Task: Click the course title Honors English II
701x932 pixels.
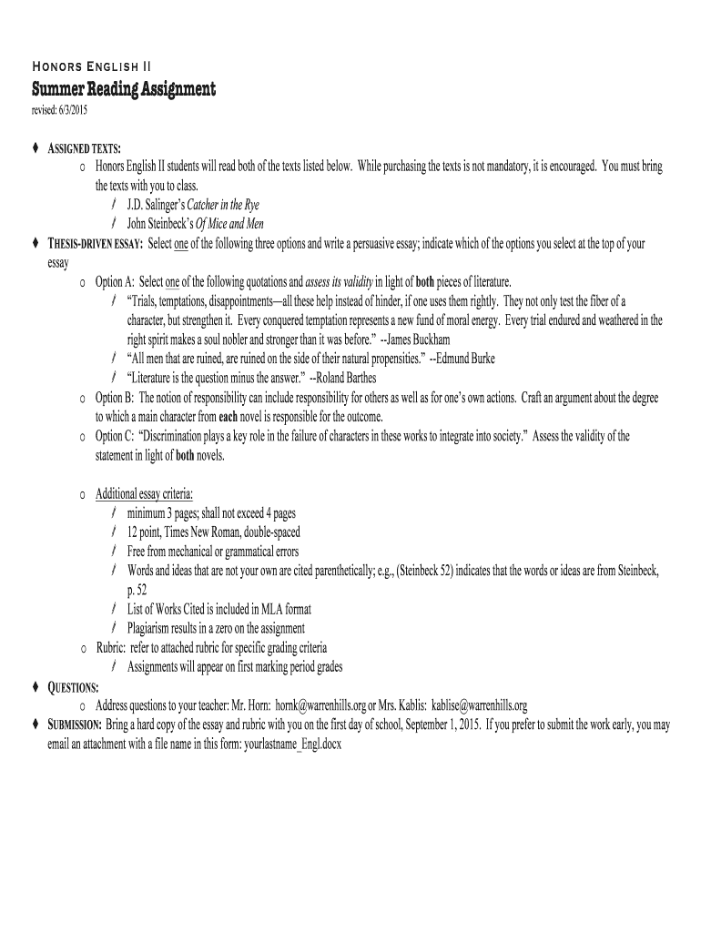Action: pyautogui.click(x=92, y=66)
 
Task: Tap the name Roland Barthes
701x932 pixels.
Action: pyautogui.click(x=344, y=378)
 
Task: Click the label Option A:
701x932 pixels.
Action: pyautogui.click(x=115, y=282)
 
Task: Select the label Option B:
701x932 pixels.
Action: pyautogui.click(x=115, y=398)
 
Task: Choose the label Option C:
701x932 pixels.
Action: pyautogui.click(x=115, y=436)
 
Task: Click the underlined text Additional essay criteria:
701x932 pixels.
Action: pyautogui.click(x=144, y=493)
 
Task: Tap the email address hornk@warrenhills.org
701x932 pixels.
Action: pyautogui.click(x=320, y=705)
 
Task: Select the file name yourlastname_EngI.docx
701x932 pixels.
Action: pyautogui.click(x=281, y=743)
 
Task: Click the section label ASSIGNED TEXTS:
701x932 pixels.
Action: pyautogui.click(x=85, y=148)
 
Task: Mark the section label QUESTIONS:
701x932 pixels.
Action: pyautogui.click(x=74, y=686)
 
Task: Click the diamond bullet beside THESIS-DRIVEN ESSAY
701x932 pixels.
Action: pyautogui.click(x=36, y=244)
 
